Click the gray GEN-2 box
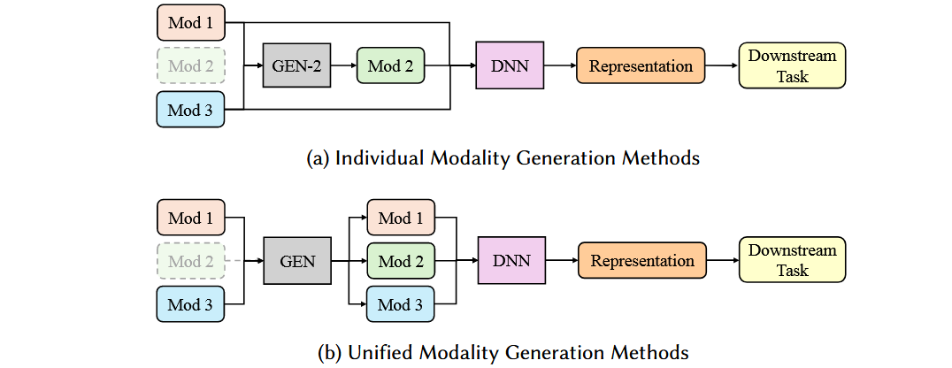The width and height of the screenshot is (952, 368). [x=296, y=65]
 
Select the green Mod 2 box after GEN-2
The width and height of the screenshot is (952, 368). [x=390, y=65]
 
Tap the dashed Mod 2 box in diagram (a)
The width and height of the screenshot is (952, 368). [x=191, y=65]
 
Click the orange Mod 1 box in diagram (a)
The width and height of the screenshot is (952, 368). [x=191, y=21]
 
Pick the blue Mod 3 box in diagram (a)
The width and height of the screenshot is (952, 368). [x=191, y=110]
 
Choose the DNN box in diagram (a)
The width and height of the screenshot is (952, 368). [x=509, y=65]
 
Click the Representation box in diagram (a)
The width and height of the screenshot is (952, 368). [x=641, y=65]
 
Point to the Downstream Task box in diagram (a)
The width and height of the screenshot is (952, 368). [x=792, y=65]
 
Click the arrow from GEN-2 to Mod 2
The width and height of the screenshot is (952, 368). [x=343, y=65]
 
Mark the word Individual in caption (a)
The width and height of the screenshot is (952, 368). [x=372, y=158]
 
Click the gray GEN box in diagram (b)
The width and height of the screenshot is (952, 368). [x=296, y=261]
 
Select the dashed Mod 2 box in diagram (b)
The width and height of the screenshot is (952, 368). [x=191, y=261]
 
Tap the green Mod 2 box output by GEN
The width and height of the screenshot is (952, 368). [x=401, y=261]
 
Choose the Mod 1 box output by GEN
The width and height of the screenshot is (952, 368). [x=401, y=218]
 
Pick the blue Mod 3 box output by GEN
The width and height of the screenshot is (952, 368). [x=401, y=305]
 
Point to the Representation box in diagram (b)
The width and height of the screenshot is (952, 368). [x=641, y=261]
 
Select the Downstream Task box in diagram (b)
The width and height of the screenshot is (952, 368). [x=792, y=261]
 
